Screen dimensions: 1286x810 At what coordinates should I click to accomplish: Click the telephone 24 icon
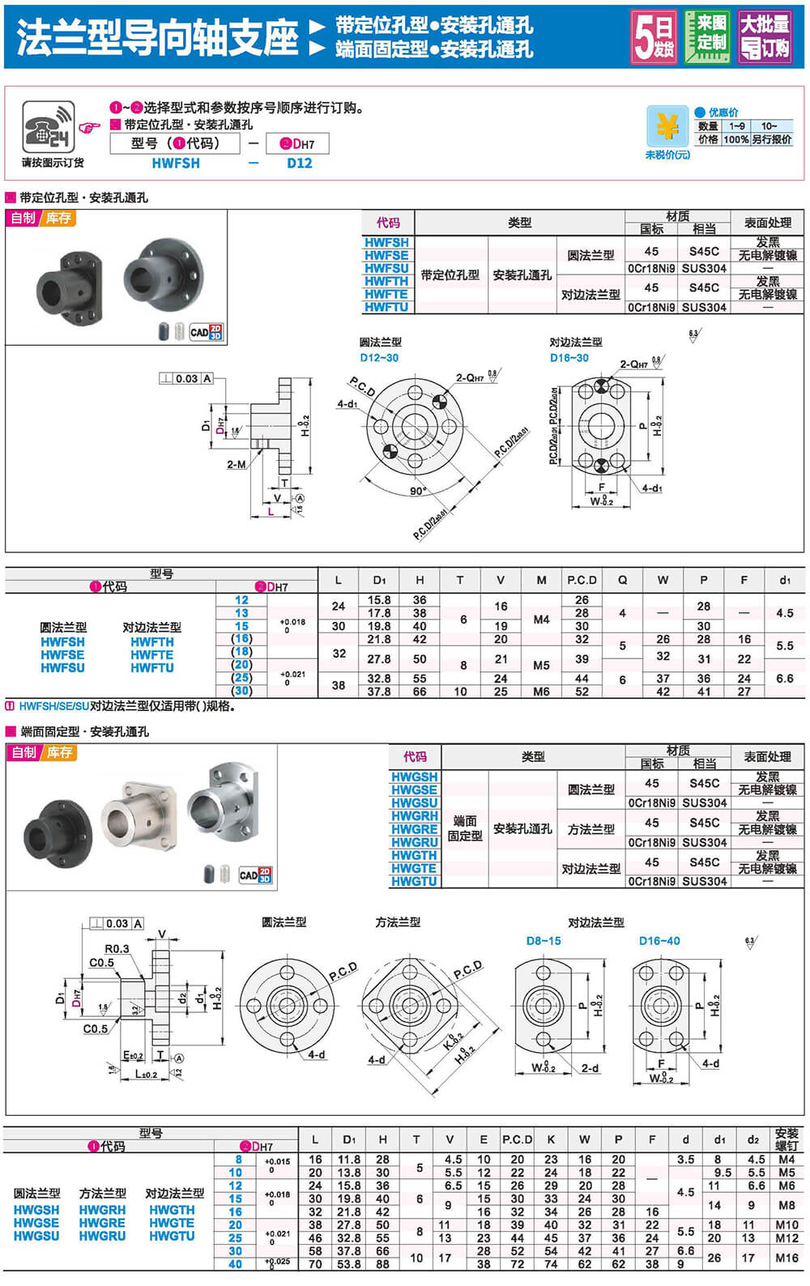(x=49, y=127)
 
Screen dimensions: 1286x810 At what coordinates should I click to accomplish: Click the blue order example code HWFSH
(x=176, y=164)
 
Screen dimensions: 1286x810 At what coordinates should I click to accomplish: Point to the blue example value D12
(x=300, y=164)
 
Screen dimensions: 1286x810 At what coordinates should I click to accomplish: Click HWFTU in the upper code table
(x=386, y=308)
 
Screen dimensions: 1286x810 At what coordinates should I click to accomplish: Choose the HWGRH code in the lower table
(x=414, y=816)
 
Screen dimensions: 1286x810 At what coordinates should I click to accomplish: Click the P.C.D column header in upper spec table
(x=582, y=580)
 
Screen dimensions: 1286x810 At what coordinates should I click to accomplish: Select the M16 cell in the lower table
(x=787, y=1258)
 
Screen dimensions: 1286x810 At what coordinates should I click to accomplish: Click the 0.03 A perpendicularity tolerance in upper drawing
(x=186, y=378)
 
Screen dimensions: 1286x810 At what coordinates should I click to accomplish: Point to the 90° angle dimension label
(x=417, y=492)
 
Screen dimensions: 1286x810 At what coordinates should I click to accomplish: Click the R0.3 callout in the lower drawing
(x=117, y=948)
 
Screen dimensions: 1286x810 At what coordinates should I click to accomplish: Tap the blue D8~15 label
(x=544, y=941)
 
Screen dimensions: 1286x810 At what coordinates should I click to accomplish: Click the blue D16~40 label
(x=659, y=941)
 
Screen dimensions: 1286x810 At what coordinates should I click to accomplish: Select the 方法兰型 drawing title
(x=398, y=922)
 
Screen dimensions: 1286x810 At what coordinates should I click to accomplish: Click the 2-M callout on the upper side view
(x=237, y=465)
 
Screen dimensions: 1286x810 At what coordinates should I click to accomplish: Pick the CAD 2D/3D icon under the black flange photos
(x=206, y=332)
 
